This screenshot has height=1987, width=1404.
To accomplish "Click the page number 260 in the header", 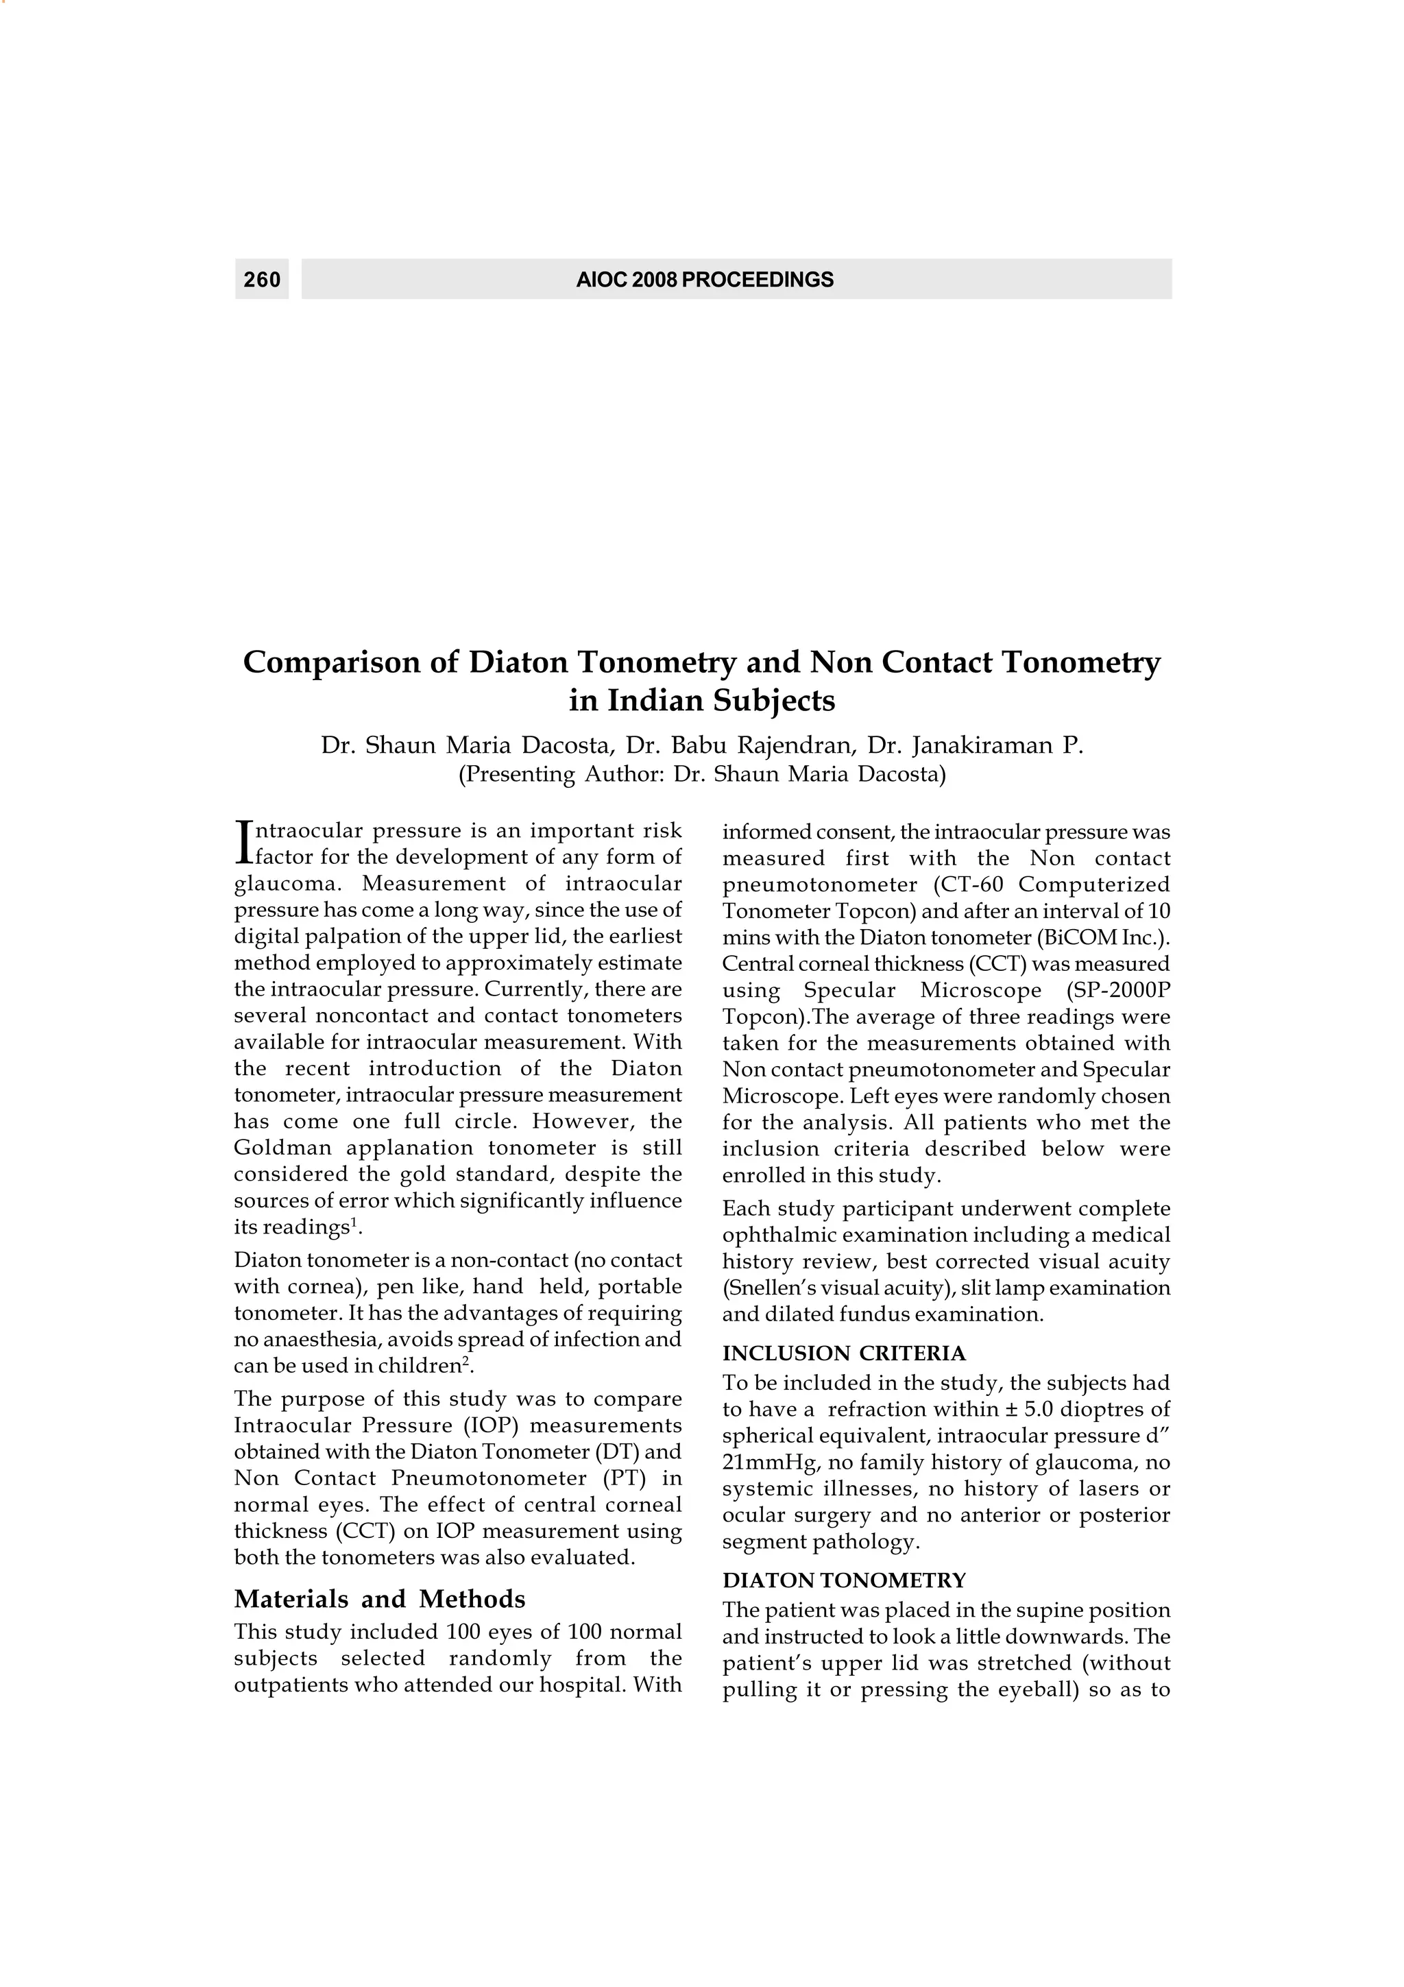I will (x=262, y=280).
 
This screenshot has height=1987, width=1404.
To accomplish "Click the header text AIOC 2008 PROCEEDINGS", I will (x=704, y=280).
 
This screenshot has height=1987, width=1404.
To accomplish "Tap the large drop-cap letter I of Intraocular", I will (x=242, y=842).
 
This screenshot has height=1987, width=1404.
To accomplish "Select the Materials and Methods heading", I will (x=380, y=1598).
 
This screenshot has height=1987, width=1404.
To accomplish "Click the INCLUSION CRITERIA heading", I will (x=843, y=1353).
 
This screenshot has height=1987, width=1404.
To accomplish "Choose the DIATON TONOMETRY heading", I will (x=843, y=1580).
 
